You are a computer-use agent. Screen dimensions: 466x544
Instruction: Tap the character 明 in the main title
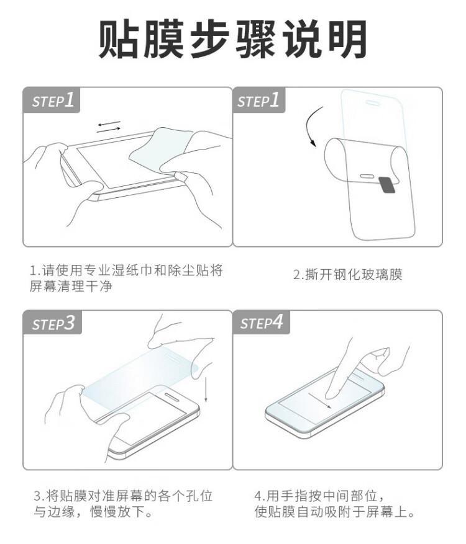pos(348,39)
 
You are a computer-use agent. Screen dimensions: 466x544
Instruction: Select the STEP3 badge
pos(52,323)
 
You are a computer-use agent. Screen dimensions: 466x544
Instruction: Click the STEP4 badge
pos(262,323)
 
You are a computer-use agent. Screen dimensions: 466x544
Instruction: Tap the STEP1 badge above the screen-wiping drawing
pos(52,100)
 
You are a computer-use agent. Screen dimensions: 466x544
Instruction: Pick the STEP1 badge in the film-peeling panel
pos(259,100)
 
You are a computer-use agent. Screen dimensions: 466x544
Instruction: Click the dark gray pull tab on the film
pos(387,185)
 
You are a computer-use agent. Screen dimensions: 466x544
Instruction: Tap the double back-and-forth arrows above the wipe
pos(109,127)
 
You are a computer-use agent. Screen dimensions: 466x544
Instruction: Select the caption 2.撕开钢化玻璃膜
pos(348,275)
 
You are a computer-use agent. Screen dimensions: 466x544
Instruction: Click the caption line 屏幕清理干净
pos(71,286)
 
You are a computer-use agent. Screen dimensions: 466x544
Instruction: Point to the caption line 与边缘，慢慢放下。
pos(93,512)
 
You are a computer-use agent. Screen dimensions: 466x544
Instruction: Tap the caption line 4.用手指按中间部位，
pos(319,496)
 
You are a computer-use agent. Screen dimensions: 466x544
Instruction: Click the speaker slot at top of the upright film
pos(372,103)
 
